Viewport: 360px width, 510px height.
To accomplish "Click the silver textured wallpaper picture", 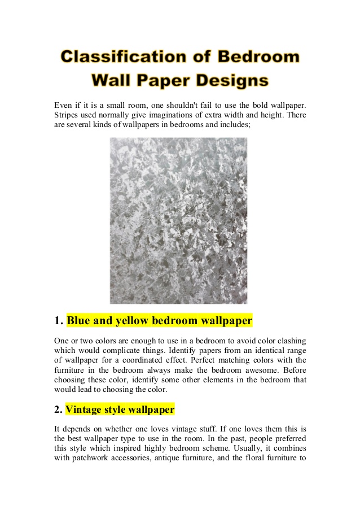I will coord(178,221).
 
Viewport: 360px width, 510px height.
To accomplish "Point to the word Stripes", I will coord(67,115).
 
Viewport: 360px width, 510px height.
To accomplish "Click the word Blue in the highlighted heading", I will coord(78,321).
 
